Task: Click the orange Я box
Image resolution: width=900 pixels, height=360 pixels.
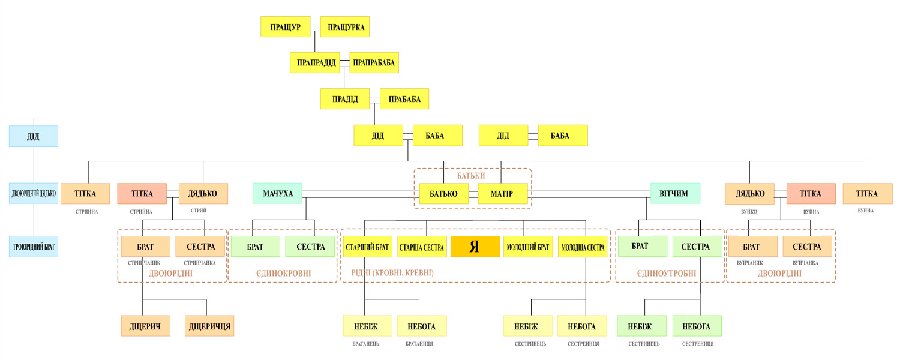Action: (x=475, y=246)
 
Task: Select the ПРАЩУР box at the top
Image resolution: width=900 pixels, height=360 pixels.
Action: (x=285, y=26)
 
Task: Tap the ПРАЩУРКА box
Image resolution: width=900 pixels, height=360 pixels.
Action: (x=345, y=26)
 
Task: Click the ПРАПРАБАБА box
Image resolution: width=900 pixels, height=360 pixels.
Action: (x=374, y=62)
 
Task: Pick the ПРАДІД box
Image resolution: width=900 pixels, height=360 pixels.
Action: (x=345, y=99)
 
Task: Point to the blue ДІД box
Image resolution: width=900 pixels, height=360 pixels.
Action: (x=34, y=136)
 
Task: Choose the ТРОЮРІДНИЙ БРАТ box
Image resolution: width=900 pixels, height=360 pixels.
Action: (x=34, y=246)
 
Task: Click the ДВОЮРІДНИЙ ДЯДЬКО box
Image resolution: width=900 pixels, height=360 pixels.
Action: (x=34, y=193)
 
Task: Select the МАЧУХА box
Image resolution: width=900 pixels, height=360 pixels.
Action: (x=277, y=193)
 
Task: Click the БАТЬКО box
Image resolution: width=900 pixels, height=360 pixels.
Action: (x=443, y=193)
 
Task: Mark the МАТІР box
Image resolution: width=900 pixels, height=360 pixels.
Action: (x=503, y=193)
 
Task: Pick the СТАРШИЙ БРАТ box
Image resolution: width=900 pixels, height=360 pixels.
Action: (x=368, y=246)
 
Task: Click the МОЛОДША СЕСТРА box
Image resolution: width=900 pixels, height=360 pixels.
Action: (x=583, y=246)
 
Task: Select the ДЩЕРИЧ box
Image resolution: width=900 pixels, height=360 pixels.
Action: (x=145, y=326)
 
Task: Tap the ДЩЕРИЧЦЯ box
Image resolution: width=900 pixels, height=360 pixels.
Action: (x=209, y=326)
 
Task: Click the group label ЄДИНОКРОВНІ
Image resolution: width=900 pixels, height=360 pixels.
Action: (x=284, y=273)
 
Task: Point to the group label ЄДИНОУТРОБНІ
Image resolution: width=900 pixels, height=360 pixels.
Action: (x=667, y=273)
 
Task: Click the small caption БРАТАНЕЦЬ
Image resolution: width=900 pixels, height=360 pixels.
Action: (x=365, y=344)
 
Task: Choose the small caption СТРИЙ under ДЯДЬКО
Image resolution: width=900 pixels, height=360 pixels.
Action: (x=199, y=210)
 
